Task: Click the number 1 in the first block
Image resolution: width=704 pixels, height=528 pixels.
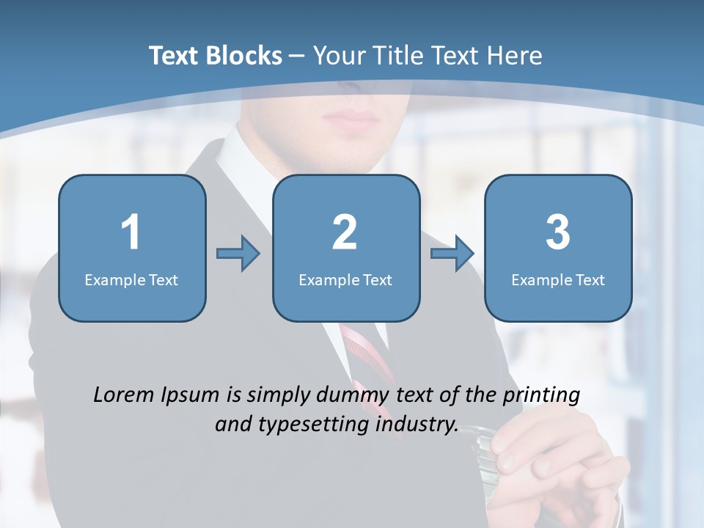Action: click(x=131, y=232)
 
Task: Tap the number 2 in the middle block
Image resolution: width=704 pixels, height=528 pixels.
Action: click(x=345, y=232)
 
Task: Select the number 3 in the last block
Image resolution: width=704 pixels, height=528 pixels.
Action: click(x=558, y=232)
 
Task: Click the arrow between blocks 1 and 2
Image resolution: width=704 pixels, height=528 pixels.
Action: click(x=238, y=254)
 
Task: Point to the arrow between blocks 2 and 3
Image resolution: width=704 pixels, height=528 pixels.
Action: click(x=452, y=254)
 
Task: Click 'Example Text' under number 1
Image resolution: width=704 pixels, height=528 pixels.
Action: click(x=131, y=279)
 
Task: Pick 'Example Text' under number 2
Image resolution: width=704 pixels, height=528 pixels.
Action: click(x=345, y=279)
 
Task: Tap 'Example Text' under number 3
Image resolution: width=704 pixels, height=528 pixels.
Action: click(x=558, y=279)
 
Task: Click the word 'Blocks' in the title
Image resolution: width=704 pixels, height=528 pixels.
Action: click(x=243, y=56)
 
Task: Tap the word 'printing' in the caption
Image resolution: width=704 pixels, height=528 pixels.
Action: click(x=541, y=396)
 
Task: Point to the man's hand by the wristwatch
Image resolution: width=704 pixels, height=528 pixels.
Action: click(x=557, y=462)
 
